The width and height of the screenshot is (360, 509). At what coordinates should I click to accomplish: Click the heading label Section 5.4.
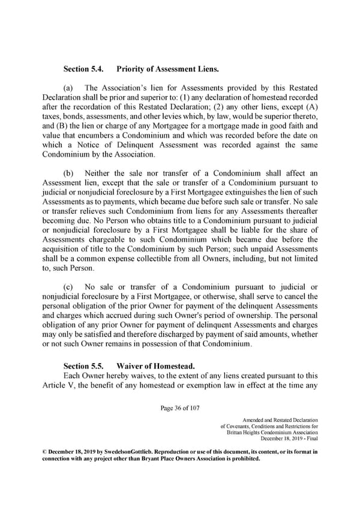pyautogui.click(x=84, y=69)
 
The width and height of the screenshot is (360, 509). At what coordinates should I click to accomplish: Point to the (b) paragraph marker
pyautogui.click(x=69, y=173)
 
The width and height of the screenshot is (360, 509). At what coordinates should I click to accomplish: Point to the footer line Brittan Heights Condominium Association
pyautogui.click(x=274, y=433)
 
